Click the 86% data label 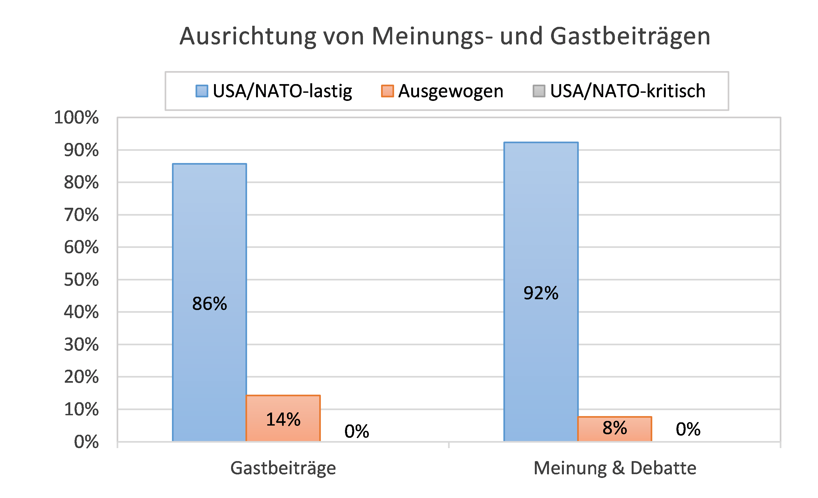[x=209, y=304]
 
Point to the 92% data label [x=541, y=293]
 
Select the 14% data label [x=283, y=419]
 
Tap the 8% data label [x=615, y=428]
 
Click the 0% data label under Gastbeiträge [x=357, y=431]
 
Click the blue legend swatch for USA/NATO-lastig [x=202, y=91]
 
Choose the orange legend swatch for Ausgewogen [x=387, y=91]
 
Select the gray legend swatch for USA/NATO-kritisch [x=539, y=91]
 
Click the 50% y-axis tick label [x=81, y=280]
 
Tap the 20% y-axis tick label [x=81, y=377]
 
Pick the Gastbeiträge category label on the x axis [x=283, y=468]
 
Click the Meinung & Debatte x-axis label [x=615, y=468]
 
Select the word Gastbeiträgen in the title [x=630, y=37]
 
